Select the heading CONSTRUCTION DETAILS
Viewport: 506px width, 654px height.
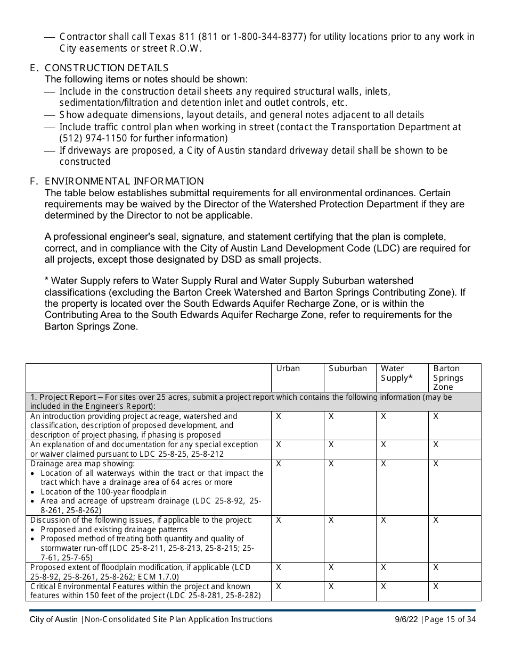point(107,68)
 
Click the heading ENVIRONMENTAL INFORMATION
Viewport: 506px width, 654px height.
point(124,181)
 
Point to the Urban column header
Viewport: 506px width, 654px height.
point(288,368)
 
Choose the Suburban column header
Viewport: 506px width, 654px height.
point(347,368)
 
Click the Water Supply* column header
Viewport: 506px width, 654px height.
point(396,373)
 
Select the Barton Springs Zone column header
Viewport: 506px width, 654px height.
point(448,378)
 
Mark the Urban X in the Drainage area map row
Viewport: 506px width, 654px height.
point(279,464)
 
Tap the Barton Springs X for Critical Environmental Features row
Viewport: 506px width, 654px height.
point(436,586)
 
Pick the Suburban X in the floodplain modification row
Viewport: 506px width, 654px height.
point(331,567)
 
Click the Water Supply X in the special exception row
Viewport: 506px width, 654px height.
point(383,445)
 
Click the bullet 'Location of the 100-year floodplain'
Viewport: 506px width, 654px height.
point(103,492)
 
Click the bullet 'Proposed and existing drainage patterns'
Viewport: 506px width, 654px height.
point(114,530)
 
